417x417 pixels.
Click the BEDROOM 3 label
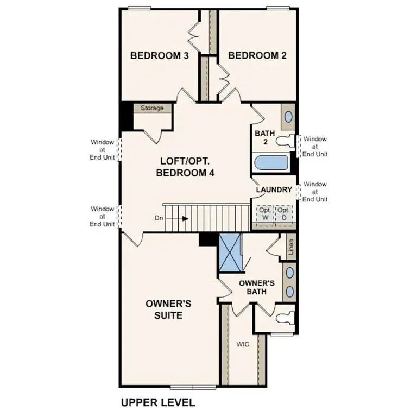[x=159, y=55]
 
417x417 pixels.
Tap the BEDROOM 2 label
[x=257, y=55]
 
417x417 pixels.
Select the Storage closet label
[x=152, y=108]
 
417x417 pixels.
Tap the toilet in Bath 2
[x=284, y=142]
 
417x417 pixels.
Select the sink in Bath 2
[x=288, y=117]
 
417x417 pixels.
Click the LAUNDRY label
[x=275, y=189]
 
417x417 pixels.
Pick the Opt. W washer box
[x=264, y=213]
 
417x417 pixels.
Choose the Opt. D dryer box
[x=283, y=213]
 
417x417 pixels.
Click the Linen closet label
[x=290, y=247]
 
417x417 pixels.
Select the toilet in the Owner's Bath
[x=283, y=314]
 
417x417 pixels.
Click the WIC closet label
[x=242, y=344]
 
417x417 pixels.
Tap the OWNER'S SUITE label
[x=168, y=309]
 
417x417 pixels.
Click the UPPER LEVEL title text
[x=157, y=403]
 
